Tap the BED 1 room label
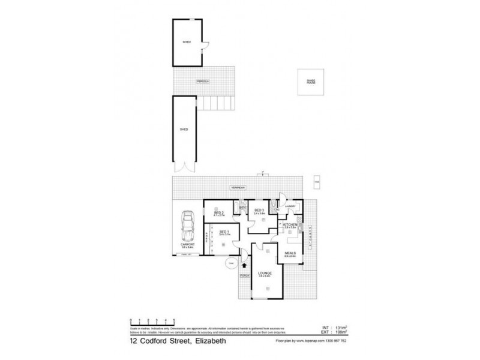223,232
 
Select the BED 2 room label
218,212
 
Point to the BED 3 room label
259,210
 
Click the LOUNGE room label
265,273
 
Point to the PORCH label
244,275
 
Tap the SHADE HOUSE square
311,82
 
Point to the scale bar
151,322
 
